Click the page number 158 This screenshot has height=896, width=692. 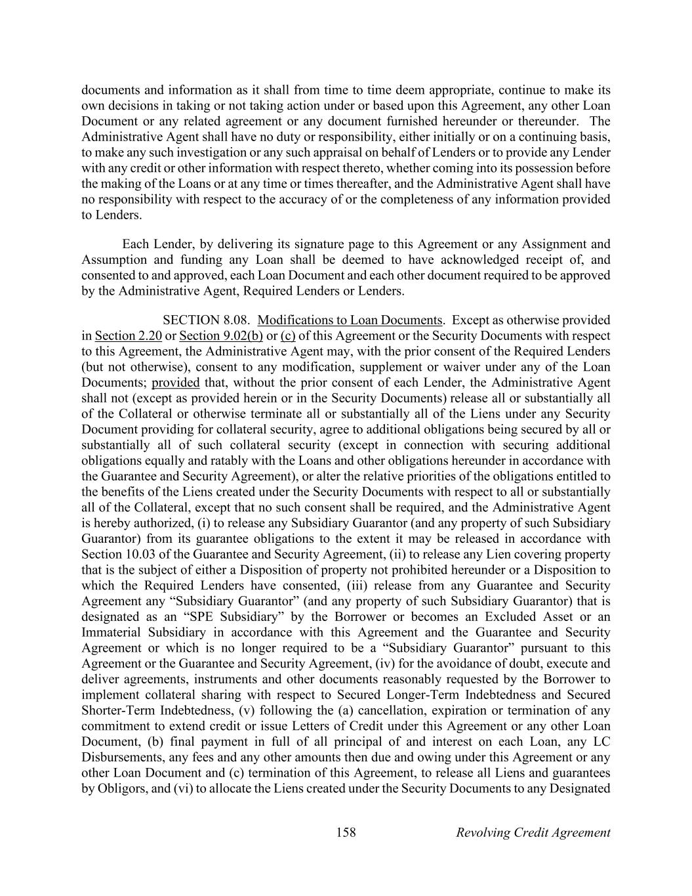click(x=346, y=832)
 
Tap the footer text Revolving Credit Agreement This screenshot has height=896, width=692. click(x=533, y=832)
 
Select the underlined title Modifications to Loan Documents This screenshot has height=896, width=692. click(x=350, y=320)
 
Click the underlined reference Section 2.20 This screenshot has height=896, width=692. click(x=128, y=336)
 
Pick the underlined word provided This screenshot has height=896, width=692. click(x=175, y=383)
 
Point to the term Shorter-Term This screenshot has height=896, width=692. click(x=119, y=710)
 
